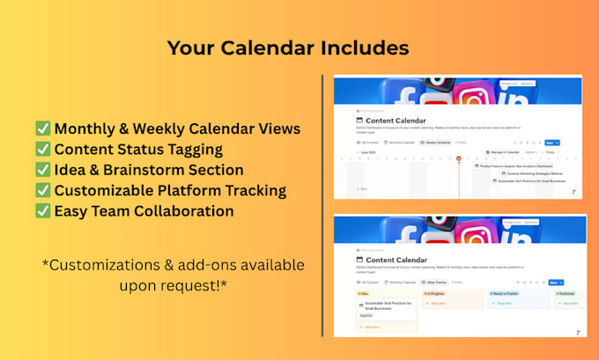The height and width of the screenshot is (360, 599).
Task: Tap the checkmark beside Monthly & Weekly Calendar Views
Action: pos(42,129)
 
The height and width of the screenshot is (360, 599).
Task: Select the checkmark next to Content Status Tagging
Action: pos(42,150)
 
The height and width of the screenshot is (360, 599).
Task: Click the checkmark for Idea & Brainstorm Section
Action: pos(42,170)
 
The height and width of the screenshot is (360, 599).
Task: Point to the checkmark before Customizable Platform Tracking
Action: pos(42,191)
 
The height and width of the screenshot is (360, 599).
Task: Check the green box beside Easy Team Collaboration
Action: pos(42,211)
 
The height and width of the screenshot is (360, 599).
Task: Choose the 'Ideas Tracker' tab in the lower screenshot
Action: pos(433,283)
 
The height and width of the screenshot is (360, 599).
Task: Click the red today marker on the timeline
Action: pos(459,158)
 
